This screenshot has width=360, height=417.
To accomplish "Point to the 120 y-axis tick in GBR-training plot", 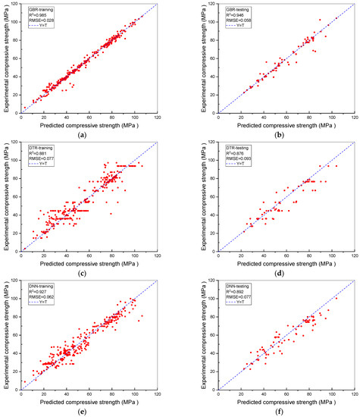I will [16, 5].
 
